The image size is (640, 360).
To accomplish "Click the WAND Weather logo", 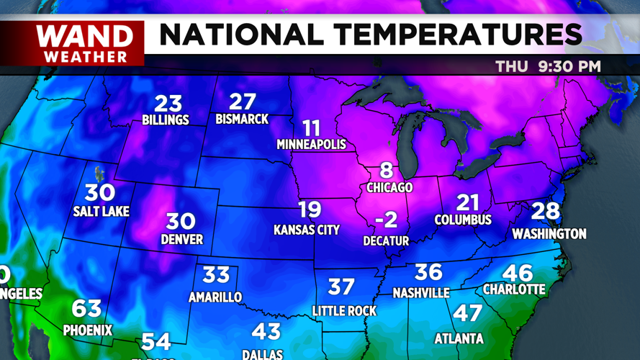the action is click(85, 44).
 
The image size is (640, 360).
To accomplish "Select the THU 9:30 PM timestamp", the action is click(548, 67).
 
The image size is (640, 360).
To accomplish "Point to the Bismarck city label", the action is click(242, 119).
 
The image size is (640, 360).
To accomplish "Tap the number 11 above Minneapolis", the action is click(311, 129).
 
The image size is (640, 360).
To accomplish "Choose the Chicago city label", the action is click(389, 187).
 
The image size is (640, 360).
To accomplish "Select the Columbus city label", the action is click(463, 220).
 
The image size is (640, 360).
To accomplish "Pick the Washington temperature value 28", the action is click(545, 212).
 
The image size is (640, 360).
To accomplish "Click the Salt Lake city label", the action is click(101, 212).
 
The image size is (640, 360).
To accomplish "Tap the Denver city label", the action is click(182, 239).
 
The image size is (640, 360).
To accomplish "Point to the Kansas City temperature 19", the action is click(310, 210).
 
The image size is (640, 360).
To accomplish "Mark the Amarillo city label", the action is click(215, 297).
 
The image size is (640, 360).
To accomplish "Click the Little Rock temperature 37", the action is click(341, 287).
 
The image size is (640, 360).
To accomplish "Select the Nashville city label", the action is click(421, 293).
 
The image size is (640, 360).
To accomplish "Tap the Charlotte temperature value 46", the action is click(518, 273).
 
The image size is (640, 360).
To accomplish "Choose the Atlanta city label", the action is click(459, 338).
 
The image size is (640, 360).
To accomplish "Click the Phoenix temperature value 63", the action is click(86, 309).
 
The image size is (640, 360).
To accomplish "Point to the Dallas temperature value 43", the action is click(266, 332).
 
